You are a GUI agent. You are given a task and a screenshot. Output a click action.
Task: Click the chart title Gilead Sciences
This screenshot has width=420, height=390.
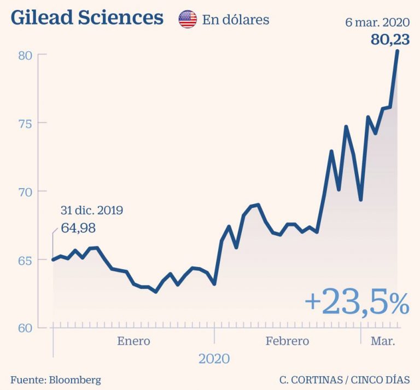click(x=87, y=18)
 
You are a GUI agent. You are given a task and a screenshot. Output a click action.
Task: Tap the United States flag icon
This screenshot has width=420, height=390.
click(x=188, y=20)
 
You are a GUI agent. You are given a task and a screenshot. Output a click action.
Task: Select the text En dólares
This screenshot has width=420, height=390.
click(x=236, y=20)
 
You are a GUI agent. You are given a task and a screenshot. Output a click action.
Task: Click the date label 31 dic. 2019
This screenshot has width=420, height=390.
click(x=91, y=211)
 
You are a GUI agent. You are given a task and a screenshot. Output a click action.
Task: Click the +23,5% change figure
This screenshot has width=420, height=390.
click(x=357, y=302)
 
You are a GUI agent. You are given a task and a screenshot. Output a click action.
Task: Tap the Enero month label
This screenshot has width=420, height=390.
click(x=133, y=341)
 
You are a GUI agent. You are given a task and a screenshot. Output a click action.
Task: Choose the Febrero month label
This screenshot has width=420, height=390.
click(x=287, y=341)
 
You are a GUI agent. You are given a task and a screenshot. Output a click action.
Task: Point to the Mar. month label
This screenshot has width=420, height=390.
click(x=383, y=341)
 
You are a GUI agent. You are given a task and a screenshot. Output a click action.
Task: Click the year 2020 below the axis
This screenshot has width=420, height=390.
click(x=214, y=359)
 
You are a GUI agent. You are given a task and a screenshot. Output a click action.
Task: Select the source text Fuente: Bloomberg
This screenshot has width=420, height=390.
click(x=56, y=380)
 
